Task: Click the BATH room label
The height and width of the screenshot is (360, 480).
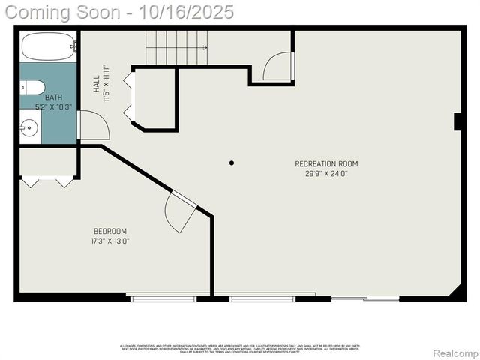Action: pos(54,97)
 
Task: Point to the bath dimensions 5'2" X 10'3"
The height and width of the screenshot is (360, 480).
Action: pos(54,106)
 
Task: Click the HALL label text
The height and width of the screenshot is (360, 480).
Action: pos(97,84)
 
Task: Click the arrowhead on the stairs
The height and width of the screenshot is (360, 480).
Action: pos(204,47)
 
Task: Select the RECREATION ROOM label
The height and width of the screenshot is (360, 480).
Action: pos(326,164)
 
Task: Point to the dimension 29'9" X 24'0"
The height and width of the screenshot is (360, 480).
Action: pos(326,174)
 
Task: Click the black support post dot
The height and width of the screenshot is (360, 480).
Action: pos(232,163)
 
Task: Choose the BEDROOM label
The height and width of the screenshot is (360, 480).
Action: pos(109,231)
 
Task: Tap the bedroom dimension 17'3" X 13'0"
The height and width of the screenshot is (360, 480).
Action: pos(109,241)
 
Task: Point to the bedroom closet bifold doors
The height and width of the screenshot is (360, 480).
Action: pos(47,181)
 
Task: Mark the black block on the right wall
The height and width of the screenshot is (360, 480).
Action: pos(457,121)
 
